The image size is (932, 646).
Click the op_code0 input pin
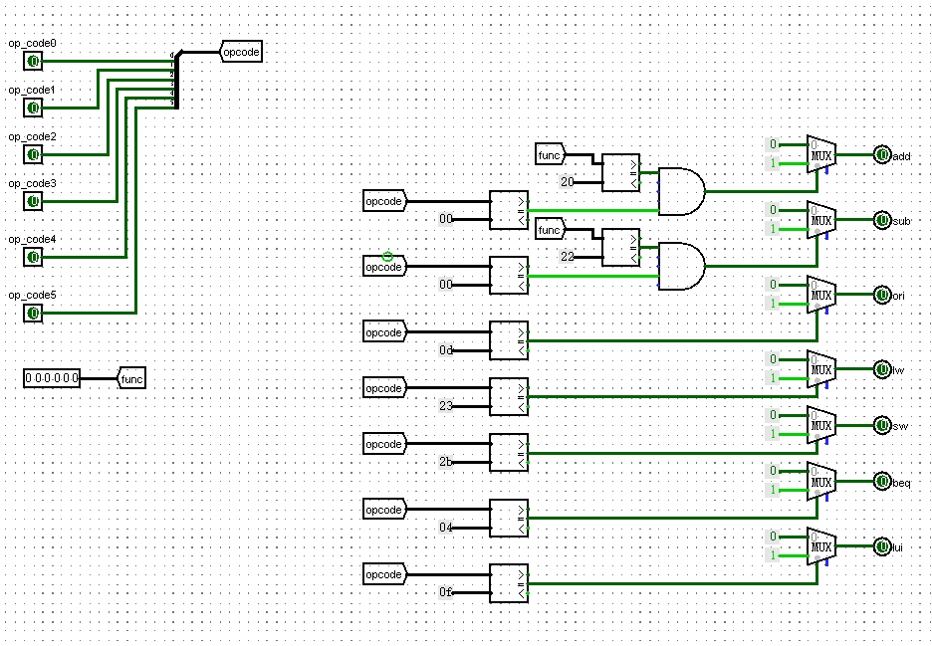point(33,62)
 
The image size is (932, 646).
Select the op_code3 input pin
point(33,201)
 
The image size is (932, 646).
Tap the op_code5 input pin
point(33,313)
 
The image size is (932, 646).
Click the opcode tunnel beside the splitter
point(241,52)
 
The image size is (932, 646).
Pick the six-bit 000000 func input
point(52,378)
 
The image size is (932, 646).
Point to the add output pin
point(881,155)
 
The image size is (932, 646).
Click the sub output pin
point(881,220)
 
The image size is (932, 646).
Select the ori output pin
point(881,295)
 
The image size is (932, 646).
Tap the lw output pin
point(881,369)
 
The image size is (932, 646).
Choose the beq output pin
point(881,482)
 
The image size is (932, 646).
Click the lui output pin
point(881,546)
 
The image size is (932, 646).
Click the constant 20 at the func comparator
point(568,182)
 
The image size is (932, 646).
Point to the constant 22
point(568,257)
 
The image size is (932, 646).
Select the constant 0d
point(446,350)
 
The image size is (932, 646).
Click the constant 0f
point(446,593)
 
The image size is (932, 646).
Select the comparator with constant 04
point(509,519)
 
